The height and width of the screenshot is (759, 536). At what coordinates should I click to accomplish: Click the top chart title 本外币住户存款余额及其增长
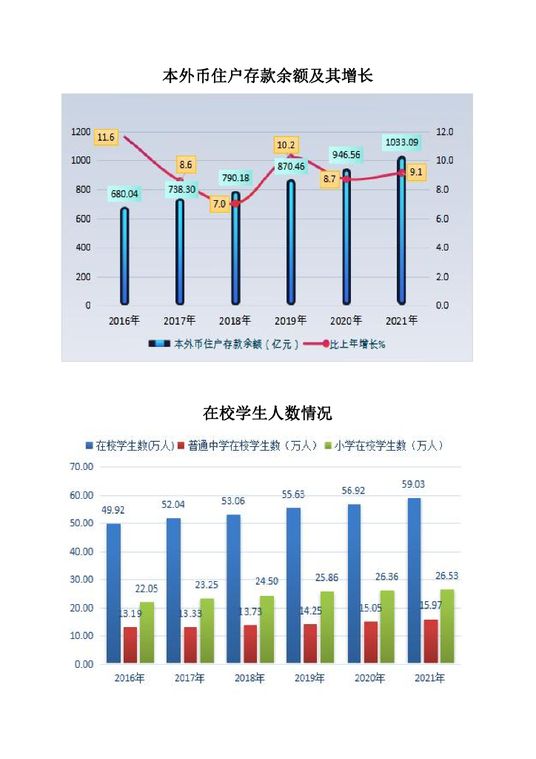click(x=267, y=76)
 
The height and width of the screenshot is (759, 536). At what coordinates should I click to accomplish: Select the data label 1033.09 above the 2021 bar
click(x=402, y=142)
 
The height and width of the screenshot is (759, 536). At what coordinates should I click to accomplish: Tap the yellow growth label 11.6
click(x=106, y=137)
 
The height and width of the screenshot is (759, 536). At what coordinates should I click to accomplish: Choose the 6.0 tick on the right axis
click(x=443, y=219)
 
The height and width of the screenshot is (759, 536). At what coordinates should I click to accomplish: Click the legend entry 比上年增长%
click(x=356, y=345)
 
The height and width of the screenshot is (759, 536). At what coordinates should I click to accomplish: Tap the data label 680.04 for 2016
click(x=124, y=195)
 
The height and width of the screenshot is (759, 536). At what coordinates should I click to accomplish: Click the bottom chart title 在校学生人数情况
click(x=267, y=413)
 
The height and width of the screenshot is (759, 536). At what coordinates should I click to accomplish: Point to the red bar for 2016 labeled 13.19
click(x=130, y=645)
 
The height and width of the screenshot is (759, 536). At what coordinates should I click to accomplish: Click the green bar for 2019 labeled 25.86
click(x=326, y=626)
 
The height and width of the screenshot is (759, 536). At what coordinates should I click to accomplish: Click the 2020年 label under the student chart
click(x=369, y=678)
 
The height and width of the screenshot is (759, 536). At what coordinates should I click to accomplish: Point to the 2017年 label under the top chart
click(x=180, y=320)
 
